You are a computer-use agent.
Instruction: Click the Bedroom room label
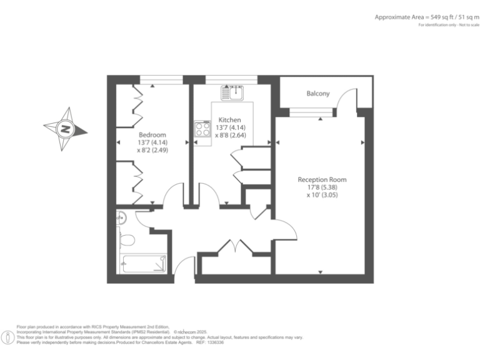[152, 135]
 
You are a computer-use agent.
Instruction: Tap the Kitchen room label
[229, 119]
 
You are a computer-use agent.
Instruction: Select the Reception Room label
[322, 179]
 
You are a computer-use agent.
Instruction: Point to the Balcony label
[317, 94]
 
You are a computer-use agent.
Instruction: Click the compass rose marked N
[64, 129]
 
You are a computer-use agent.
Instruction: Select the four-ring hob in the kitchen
[202, 129]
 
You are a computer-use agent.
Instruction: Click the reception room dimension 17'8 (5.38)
[322, 187]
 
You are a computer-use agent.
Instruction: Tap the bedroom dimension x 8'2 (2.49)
[152, 150]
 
